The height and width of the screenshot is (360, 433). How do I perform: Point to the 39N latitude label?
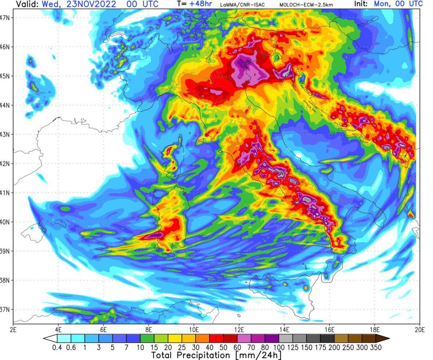(x=6, y=251)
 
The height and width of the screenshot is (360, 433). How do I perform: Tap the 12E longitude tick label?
(x=239, y=329)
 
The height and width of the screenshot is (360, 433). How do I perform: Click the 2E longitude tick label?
(x=13, y=329)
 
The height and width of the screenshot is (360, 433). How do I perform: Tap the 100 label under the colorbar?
(x=279, y=348)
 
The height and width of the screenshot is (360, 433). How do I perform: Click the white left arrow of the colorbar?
(x=50, y=339)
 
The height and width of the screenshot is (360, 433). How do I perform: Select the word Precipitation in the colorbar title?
(x=205, y=355)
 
